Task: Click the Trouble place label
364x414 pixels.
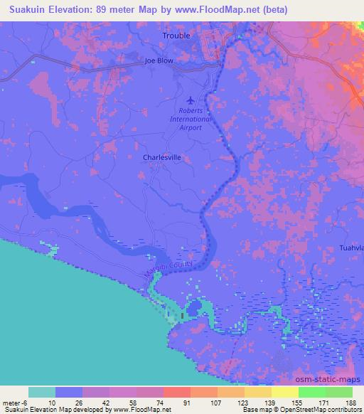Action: tap(177, 35)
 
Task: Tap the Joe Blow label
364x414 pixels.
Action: tap(159, 61)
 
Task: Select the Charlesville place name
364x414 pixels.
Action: tap(163, 158)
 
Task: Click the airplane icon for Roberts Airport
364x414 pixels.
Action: tap(191, 100)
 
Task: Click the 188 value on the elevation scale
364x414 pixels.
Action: tap(352, 403)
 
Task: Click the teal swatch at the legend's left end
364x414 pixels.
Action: tap(42, 392)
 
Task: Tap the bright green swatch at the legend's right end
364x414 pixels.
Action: tap(339, 392)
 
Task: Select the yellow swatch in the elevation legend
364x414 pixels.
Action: tap(284, 392)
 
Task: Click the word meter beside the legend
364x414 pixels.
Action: tap(12, 403)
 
